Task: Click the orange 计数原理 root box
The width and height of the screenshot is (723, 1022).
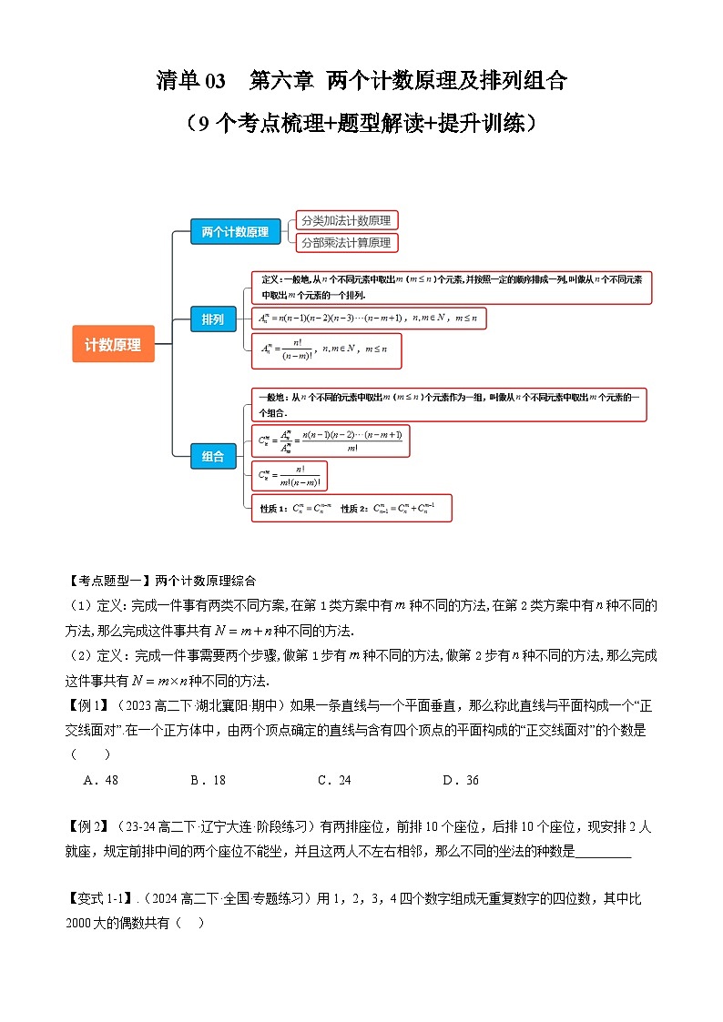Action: (x=113, y=344)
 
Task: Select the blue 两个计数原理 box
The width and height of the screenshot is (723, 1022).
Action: (x=235, y=231)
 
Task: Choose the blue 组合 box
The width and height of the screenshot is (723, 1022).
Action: (x=213, y=456)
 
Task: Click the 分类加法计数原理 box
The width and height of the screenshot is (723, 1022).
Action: (x=347, y=220)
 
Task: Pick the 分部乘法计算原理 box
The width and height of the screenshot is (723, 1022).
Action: (x=346, y=243)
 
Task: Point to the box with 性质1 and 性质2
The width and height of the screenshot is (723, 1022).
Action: (x=350, y=509)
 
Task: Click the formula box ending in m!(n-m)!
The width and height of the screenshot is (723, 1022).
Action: (x=291, y=476)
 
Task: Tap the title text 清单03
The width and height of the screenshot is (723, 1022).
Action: (x=190, y=81)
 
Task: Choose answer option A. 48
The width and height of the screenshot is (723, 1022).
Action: (x=100, y=780)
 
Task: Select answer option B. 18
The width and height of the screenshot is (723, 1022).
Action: (x=208, y=780)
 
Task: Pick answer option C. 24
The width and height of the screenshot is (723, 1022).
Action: (x=333, y=780)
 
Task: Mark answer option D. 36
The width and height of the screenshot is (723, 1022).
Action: (x=461, y=780)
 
